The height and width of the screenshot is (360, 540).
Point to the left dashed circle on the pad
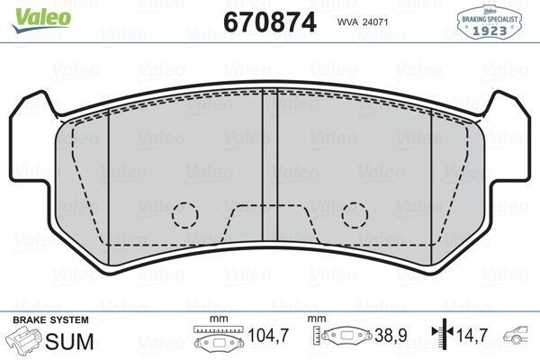tap(184, 214)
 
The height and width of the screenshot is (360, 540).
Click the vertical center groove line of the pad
tap(262, 153)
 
